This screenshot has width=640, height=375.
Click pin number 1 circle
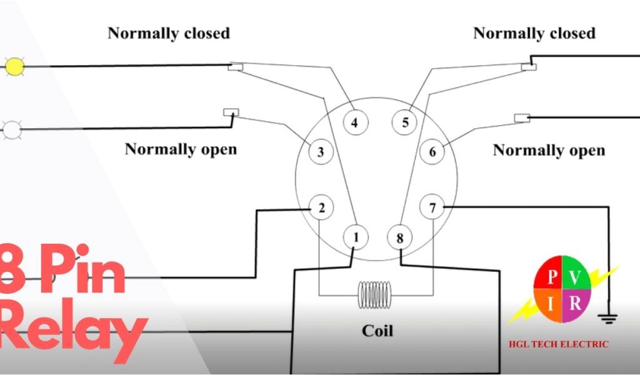[x=356, y=237]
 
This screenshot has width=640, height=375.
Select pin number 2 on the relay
[x=321, y=208]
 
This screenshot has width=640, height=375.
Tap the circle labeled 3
[x=321, y=152]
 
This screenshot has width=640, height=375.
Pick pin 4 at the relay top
[x=354, y=122]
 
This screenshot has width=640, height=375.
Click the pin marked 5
[x=405, y=122]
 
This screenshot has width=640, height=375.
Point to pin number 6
[x=432, y=152]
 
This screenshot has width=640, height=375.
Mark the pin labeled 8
[x=400, y=237]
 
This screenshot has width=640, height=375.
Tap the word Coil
[x=377, y=330]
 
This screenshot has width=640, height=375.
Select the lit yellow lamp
[x=14, y=66]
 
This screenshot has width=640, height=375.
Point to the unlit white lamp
[x=12, y=130]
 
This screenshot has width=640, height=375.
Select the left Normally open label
[x=181, y=149]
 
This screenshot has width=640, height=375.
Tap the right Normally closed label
[x=534, y=33]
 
